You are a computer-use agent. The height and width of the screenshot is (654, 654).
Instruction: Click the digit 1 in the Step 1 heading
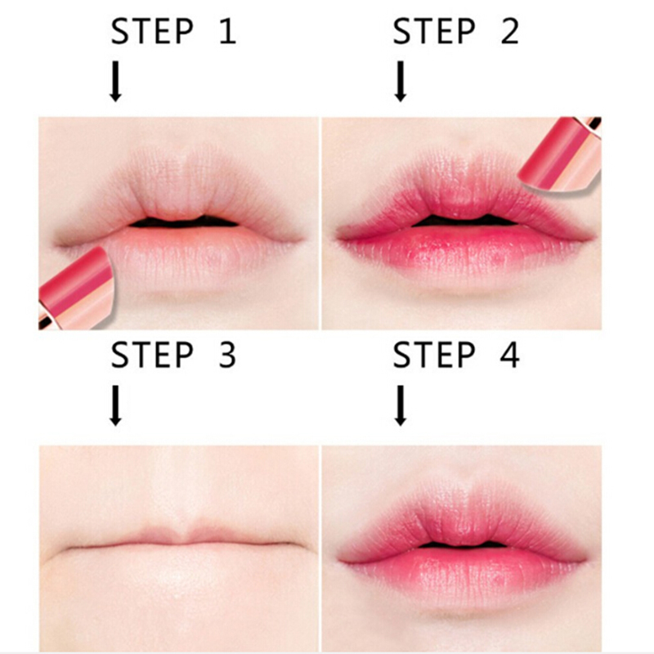228,31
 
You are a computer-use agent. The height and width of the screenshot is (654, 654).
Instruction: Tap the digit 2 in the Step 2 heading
509,31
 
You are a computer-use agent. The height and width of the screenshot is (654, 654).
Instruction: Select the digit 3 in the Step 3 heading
227,355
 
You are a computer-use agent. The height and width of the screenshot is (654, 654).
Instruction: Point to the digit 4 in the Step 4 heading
509,355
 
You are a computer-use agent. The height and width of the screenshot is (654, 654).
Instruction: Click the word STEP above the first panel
152,31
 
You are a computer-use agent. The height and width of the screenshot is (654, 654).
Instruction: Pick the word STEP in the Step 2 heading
434,31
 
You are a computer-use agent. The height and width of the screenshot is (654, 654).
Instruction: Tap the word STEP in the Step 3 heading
152,355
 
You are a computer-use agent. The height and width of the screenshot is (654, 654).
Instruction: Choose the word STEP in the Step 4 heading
434,355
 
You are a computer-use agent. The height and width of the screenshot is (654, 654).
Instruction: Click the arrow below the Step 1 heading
115,81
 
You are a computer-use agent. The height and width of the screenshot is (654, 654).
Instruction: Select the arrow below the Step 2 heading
401,81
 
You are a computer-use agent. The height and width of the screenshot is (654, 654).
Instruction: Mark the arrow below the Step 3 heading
115,405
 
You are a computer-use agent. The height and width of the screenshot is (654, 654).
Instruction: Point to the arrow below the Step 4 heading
401,405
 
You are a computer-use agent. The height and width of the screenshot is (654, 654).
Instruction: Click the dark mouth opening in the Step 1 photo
183,222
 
